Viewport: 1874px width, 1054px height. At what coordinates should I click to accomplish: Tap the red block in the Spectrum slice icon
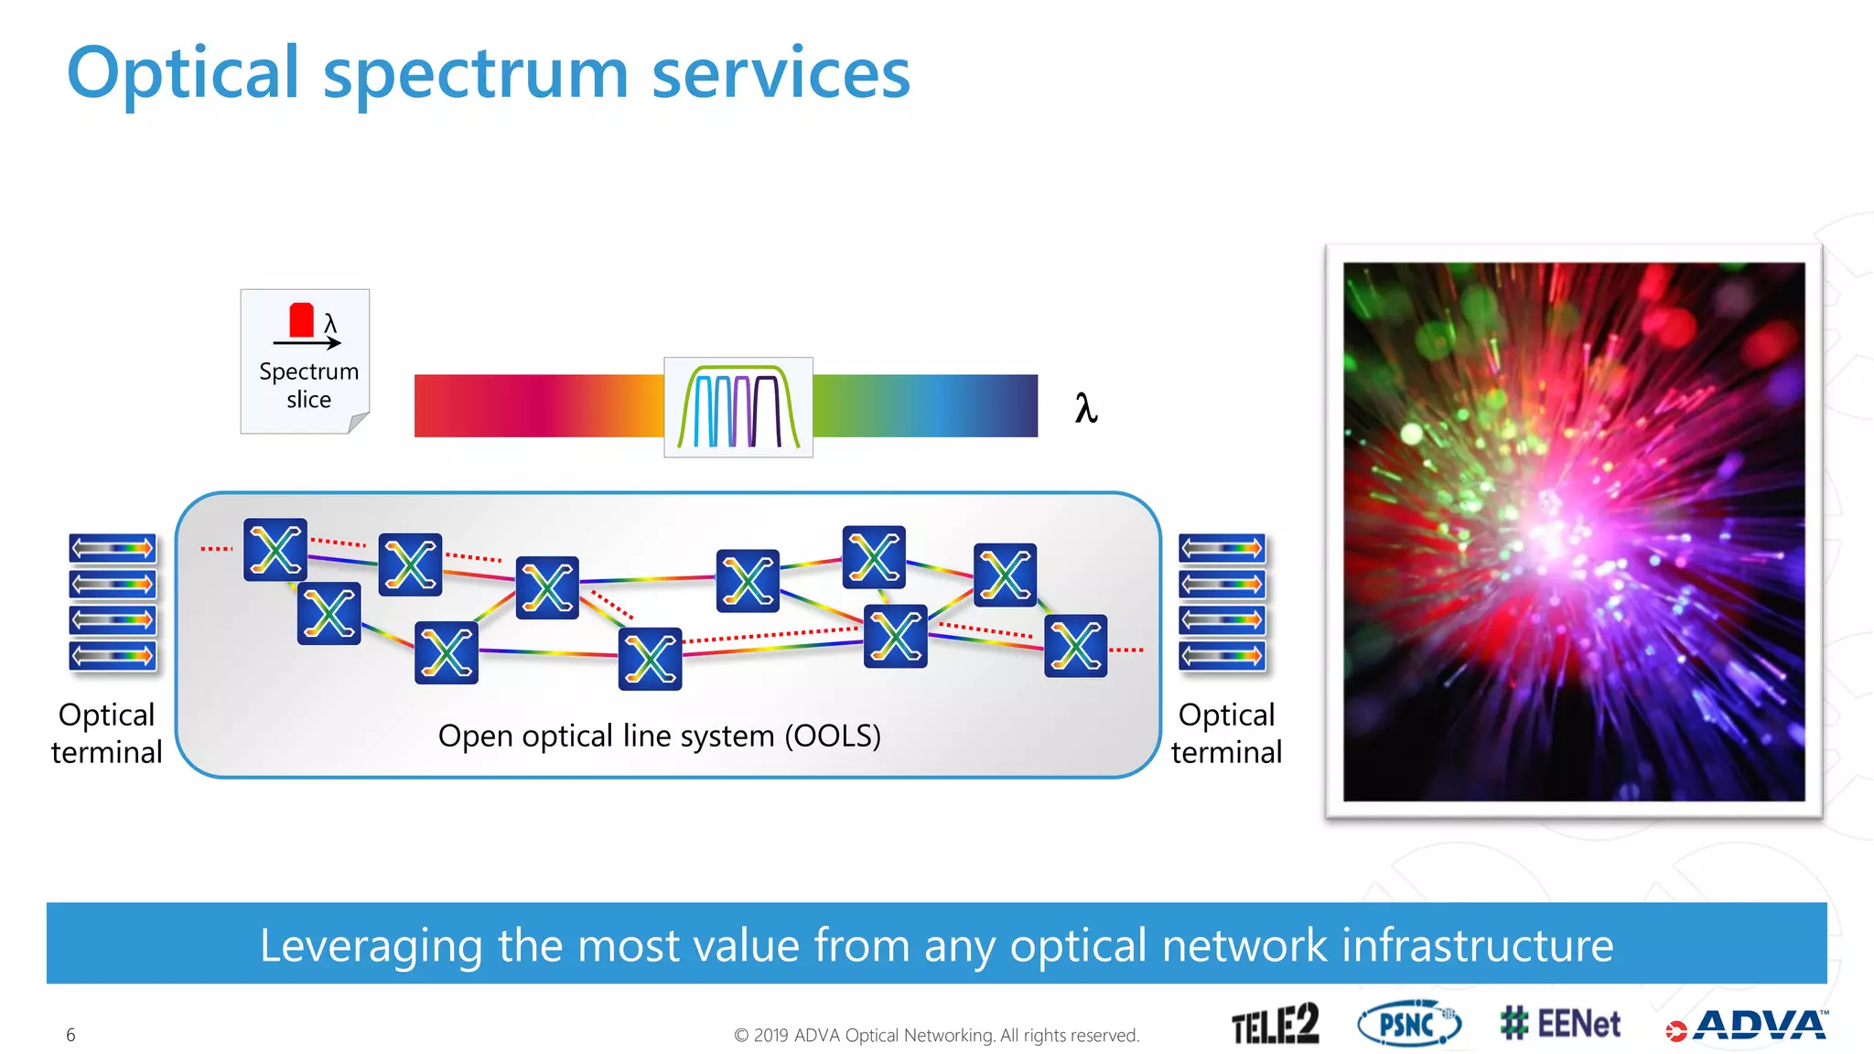click(x=301, y=320)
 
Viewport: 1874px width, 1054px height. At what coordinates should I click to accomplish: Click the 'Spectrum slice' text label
click(x=308, y=385)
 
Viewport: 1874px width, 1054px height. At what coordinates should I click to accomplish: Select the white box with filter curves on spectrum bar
click(x=738, y=407)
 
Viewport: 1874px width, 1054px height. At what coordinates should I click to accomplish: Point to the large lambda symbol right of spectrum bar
click(x=1085, y=407)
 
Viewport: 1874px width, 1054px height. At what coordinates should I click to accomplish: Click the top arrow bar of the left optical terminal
click(x=113, y=548)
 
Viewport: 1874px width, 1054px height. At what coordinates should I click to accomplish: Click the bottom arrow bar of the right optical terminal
click(x=1222, y=655)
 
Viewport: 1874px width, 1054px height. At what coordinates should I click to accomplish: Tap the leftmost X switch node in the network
click(x=275, y=550)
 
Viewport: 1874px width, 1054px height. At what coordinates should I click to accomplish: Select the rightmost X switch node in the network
click(x=1075, y=646)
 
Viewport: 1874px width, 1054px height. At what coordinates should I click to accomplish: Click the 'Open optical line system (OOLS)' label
click(x=659, y=736)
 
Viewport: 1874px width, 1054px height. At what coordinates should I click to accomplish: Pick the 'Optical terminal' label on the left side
click(x=106, y=733)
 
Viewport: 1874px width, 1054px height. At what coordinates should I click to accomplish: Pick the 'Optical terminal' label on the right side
click(x=1226, y=733)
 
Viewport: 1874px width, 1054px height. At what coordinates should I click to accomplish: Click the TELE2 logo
click(x=1275, y=1024)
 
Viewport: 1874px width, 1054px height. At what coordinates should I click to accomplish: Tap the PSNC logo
click(x=1408, y=1024)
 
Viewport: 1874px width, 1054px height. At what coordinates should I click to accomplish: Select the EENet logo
click(x=1560, y=1024)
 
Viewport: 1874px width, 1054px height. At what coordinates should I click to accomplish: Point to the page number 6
click(x=70, y=1035)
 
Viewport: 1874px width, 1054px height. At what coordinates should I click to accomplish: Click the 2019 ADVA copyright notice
click(x=936, y=1035)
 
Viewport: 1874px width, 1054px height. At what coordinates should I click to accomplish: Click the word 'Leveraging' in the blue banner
click(x=371, y=945)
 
